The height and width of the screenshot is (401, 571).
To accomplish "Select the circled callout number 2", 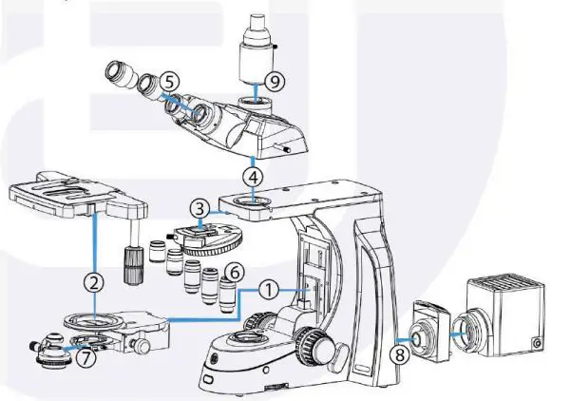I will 93,281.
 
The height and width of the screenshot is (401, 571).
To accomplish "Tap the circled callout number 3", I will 198,206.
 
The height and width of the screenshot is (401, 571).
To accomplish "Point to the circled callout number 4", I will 252,176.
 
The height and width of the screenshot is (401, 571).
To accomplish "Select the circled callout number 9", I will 274,81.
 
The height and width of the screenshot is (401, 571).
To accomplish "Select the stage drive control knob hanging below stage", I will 132,260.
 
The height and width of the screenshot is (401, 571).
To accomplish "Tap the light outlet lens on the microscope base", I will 251,337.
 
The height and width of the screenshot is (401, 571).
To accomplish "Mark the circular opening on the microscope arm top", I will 253,201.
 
